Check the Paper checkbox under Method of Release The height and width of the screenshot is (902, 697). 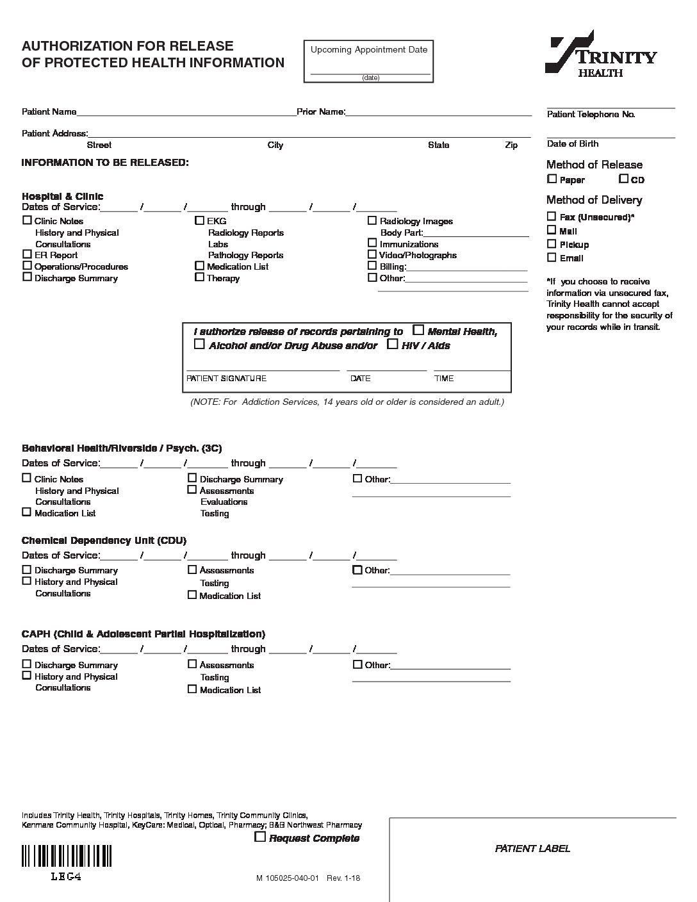[x=552, y=179]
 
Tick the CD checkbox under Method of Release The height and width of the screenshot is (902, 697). [x=623, y=179]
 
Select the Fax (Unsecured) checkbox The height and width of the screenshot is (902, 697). [x=552, y=217]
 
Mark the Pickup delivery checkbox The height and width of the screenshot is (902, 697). [x=552, y=243]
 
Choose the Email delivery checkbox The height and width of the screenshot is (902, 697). [x=552, y=258]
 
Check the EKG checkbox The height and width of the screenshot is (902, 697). [x=199, y=220]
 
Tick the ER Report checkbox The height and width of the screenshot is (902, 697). [x=27, y=254]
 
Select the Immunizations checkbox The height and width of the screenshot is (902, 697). [x=372, y=243]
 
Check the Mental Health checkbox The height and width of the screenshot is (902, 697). [x=418, y=331]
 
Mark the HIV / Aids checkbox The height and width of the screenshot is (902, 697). [x=393, y=345]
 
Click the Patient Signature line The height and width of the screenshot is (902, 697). [x=263, y=370]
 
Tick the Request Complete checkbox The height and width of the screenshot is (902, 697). [x=260, y=837]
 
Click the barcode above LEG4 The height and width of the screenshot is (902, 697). [x=67, y=856]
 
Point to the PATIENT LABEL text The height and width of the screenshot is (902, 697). [x=532, y=848]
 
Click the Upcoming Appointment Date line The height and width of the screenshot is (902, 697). [x=370, y=73]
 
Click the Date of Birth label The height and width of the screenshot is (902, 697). [x=573, y=143]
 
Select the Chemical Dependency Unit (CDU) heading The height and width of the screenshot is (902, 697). [x=104, y=540]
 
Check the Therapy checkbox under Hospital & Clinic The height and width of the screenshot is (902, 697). [x=199, y=277]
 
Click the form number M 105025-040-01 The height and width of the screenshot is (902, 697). [x=288, y=878]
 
